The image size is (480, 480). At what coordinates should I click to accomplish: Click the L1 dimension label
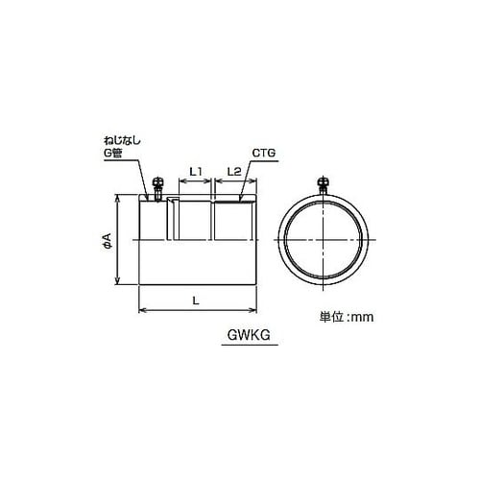point(195,172)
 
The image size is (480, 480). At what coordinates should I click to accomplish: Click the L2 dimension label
point(234,172)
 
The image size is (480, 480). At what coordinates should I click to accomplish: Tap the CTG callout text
point(264,153)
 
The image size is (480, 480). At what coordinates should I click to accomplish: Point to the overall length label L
point(196,300)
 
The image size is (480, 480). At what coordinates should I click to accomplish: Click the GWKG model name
point(249,335)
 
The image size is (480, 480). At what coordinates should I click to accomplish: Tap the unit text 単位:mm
point(347,317)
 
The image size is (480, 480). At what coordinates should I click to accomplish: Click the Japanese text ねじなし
point(123,141)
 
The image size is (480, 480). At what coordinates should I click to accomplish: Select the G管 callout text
point(113,153)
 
